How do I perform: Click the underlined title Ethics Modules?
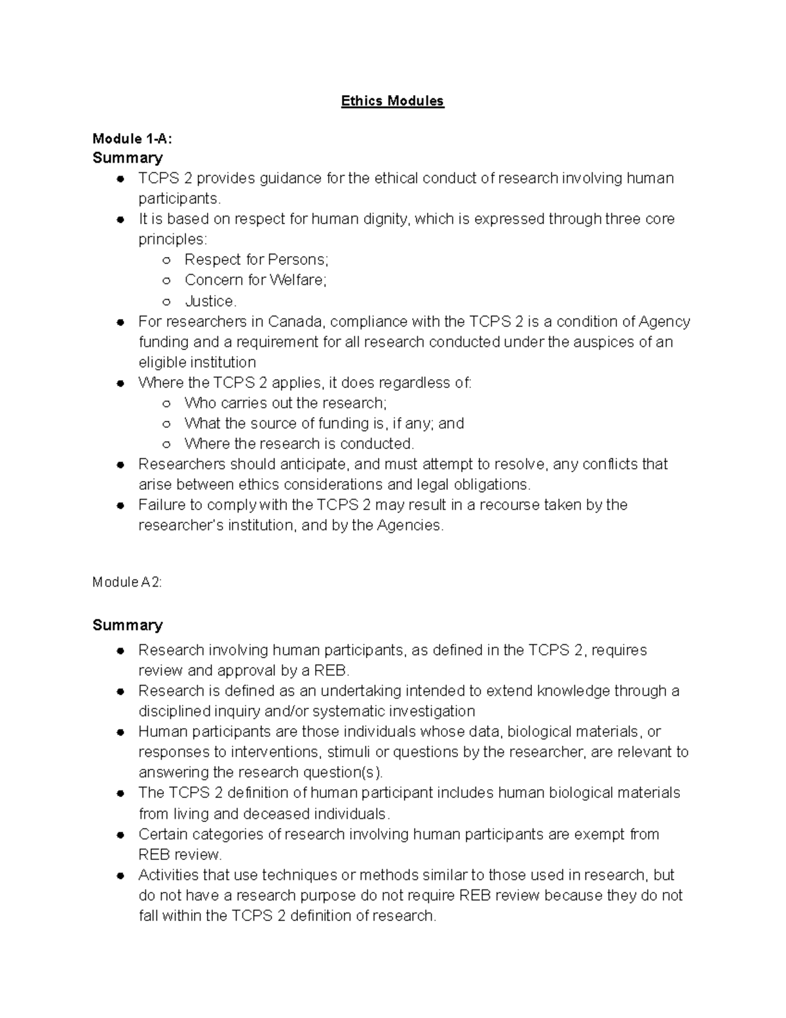tap(392, 101)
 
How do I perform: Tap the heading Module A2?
tap(127, 582)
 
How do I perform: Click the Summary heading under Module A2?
tap(127, 625)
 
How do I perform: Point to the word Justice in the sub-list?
tap(209, 301)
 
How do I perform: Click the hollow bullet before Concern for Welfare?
tap(166, 281)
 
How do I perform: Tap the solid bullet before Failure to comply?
tap(121, 505)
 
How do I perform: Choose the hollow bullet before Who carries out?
tap(166, 403)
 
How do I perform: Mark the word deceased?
tap(277, 814)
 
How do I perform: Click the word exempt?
tap(599, 834)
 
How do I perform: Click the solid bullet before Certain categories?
tap(121, 835)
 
